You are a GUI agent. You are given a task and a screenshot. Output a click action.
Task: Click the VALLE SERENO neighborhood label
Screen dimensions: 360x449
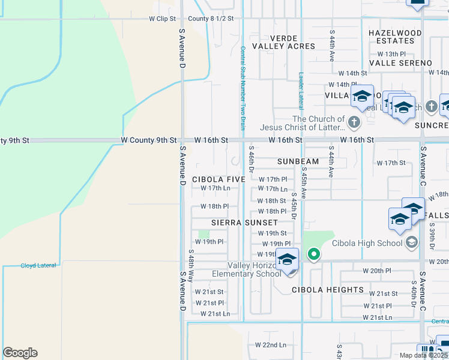[400, 63]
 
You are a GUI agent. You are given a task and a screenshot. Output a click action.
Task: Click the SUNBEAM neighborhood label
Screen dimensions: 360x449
[298, 162]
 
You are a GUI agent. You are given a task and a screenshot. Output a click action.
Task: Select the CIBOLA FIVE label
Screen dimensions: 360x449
[218, 179]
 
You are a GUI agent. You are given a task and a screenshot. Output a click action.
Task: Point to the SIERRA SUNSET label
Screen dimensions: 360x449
[244, 223]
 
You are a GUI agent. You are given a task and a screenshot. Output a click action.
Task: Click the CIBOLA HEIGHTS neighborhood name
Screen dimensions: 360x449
[328, 290]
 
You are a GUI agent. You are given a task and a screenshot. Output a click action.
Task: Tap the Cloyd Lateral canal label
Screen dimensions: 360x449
[38, 265]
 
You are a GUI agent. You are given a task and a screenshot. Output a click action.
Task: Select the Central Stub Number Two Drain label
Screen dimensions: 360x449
[243, 88]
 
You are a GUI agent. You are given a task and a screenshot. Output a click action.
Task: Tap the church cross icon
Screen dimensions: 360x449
[354, 123]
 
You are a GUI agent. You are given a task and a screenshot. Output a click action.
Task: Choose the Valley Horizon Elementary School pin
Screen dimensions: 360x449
[288, 260]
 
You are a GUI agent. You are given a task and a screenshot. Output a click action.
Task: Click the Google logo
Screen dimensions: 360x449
[20, 353]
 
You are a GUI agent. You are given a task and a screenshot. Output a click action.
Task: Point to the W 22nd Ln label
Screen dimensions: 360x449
[270, 345]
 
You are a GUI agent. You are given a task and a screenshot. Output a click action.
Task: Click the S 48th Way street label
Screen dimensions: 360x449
[191, 266]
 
